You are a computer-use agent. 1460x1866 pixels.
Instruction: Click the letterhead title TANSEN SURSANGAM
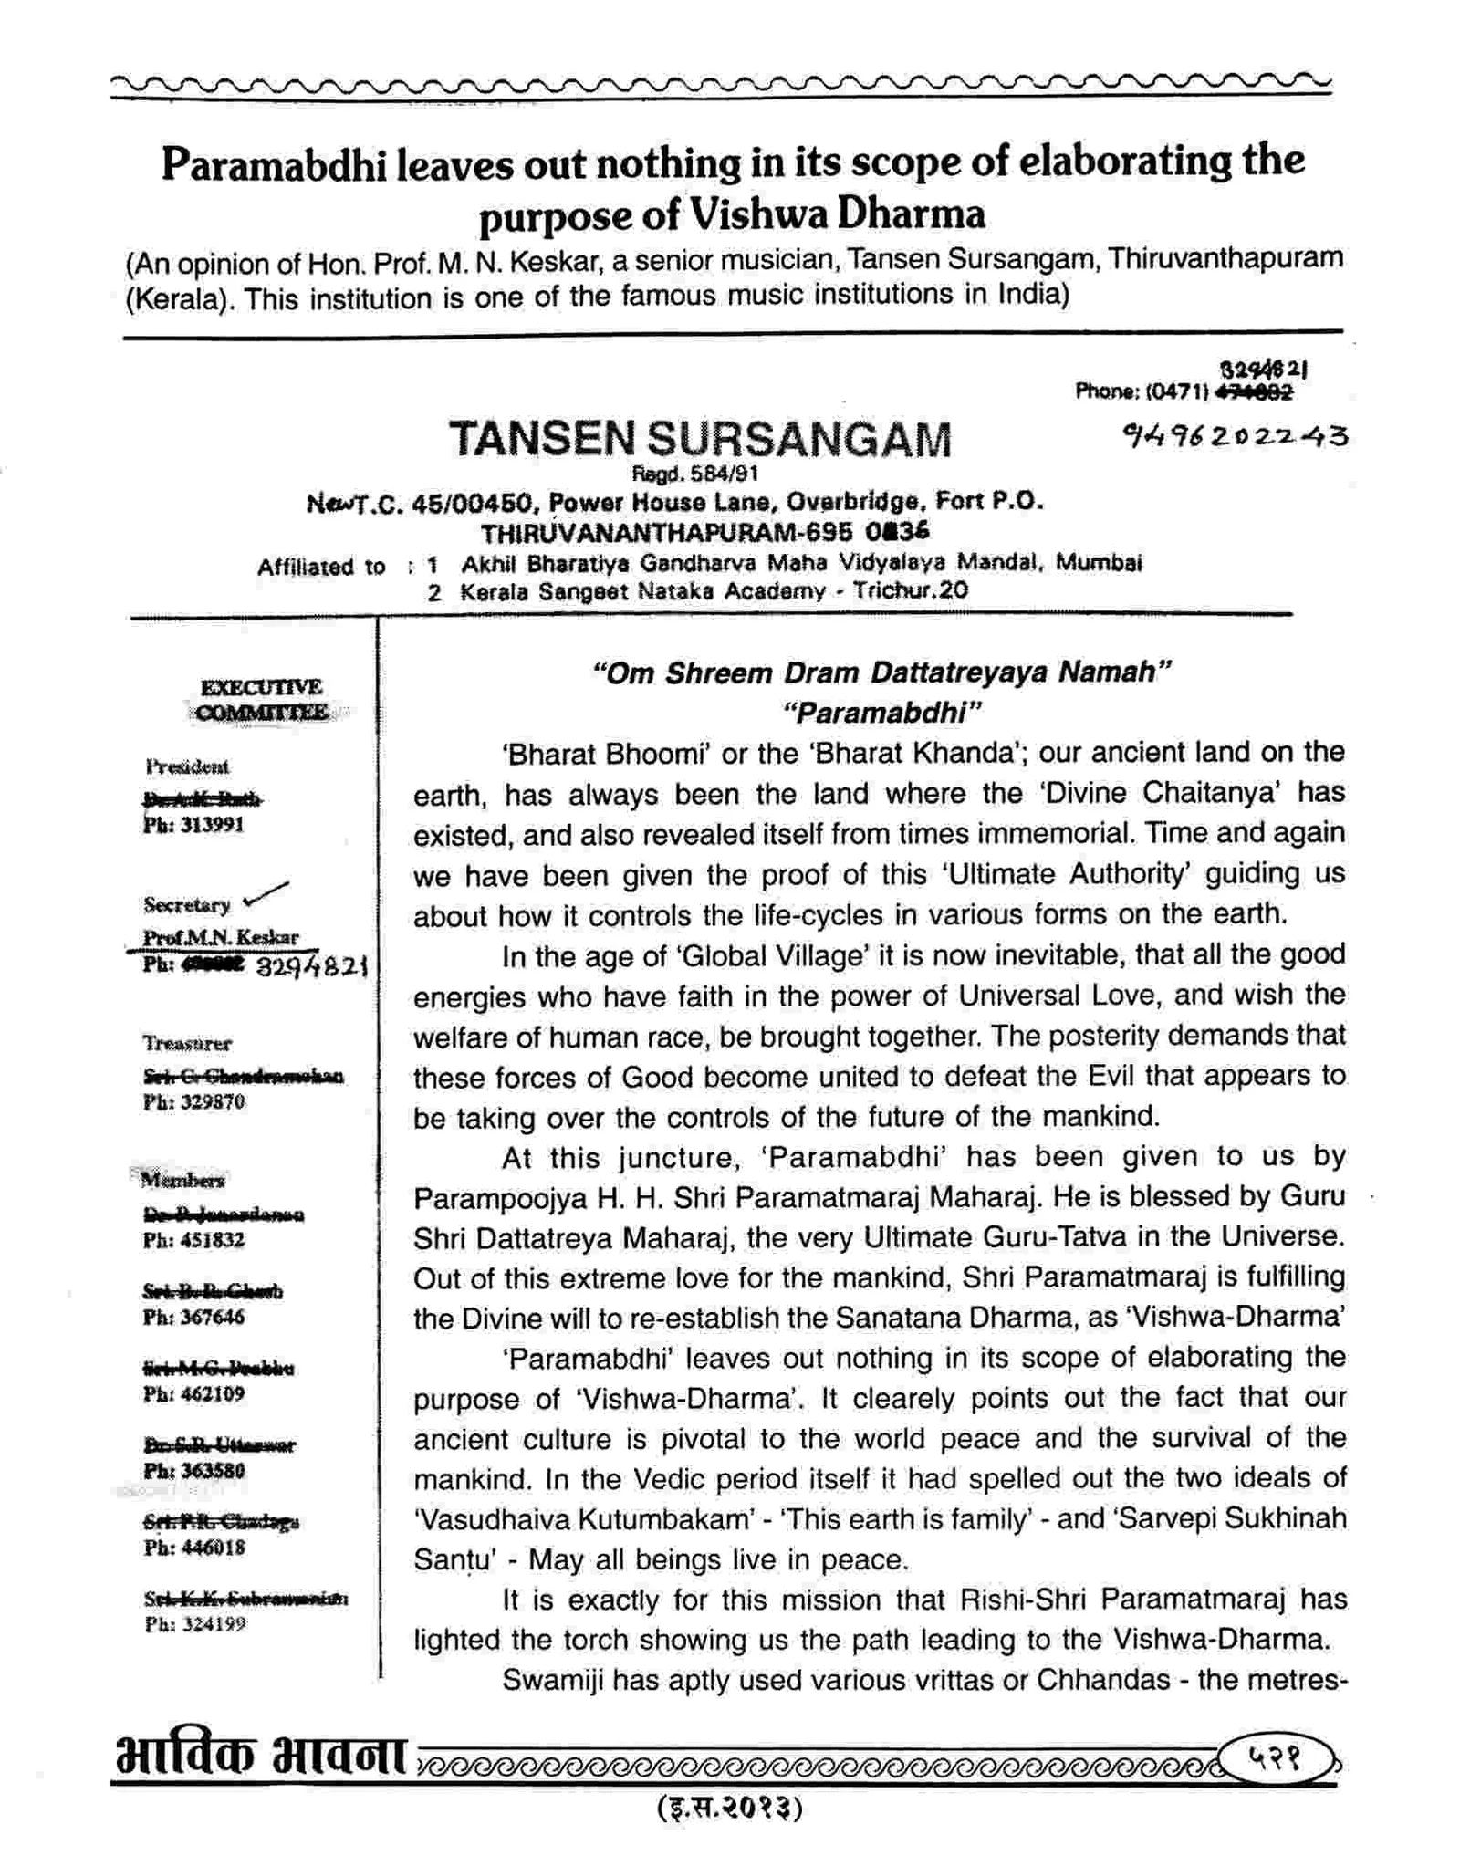pyautogui.click(x=700, y=440)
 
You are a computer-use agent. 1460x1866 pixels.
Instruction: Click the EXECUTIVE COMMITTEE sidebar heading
pyautogui.click(x=262, y=699)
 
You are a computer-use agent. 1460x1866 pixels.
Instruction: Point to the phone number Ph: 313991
pyautogui.click(x=193, y=825)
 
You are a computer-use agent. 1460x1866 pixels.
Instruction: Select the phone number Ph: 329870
pyautogui.click(x=193, y=1101)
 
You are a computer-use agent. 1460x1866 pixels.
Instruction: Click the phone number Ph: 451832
pyautogui.click(x=193, y=1240)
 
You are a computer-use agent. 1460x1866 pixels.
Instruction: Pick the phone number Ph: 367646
pyautogui.click(x=193, y=1317)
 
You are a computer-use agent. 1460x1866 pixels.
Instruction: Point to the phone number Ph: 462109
pyautogui.click(x=193, y=1393)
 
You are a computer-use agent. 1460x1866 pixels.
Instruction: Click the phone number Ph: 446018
pyautogui.click(x=193, y=1548)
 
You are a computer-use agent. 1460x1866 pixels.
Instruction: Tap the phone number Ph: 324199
pyautogui.click(x=194, y=1624)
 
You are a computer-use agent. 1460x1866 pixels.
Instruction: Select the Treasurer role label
pyautogui.click(x=186, y=1042)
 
